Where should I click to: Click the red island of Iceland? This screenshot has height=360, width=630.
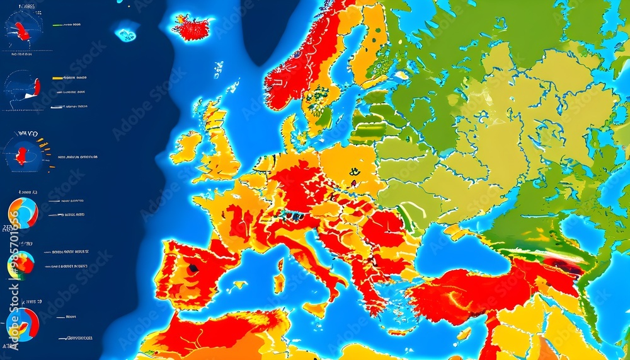[191, 27]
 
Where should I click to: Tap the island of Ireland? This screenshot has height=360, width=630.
[186, 146]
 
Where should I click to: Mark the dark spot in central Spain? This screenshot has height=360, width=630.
[192, 268]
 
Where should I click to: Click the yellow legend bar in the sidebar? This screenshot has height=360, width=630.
[58, 79]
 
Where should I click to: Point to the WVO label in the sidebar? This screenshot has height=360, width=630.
[28, 134]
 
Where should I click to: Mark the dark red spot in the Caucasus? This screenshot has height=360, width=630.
[563, 266]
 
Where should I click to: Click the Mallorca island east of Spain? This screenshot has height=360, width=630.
[239, 285]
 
